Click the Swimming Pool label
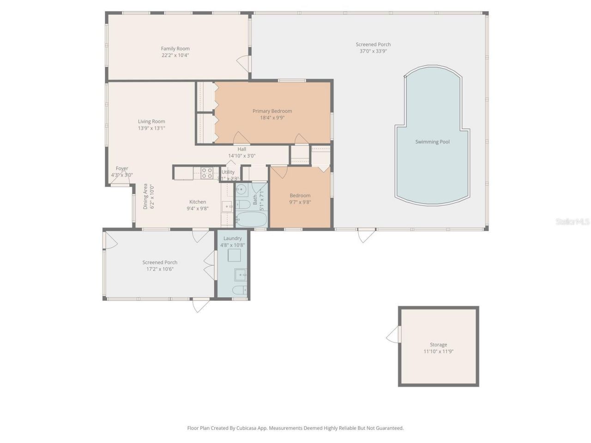click(x=432, y=142)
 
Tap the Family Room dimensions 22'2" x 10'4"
click(x=175, y=55)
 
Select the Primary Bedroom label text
click(x=272, y=111)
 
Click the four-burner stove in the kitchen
click(x=207, y=173)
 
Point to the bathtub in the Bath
click(x=251, y=219)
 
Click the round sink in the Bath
click(x=242, y=189)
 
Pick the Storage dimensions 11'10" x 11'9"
click(x=438, y=351)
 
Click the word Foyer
click(x=122, y=168)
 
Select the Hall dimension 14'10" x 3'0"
click(x=241, y=156)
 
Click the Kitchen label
click(x=198, y=202)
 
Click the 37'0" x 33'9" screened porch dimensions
click(x=373, y=51)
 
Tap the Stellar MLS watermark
click(x=572, y=222)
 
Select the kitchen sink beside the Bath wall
click(x=227, y=206)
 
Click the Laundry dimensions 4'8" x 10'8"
click(x=232, y=245)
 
